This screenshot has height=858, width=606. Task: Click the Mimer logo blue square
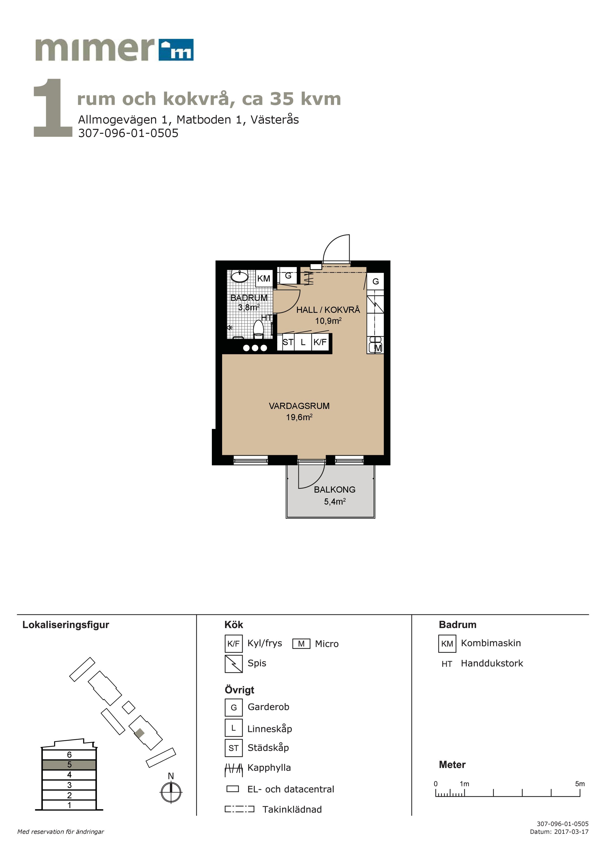(176, 50)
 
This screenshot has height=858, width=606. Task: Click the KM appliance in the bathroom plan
(264, 278)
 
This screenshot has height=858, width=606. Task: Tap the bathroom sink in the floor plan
(239, 276)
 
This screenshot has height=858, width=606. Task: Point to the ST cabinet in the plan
(288, 342)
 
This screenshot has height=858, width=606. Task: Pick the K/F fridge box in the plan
(320, 342)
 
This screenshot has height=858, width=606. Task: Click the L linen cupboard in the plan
(303, 342)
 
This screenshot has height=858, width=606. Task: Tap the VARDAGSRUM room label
(299, 406)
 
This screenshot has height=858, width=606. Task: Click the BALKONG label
(335, 490)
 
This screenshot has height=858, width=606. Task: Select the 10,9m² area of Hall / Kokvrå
(328, 321)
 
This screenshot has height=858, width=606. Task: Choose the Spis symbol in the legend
(234, 664)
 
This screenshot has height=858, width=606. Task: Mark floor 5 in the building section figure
(69, 765)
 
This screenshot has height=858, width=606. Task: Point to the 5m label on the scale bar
(580, 784)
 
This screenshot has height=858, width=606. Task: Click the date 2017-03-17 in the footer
(571, 832)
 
